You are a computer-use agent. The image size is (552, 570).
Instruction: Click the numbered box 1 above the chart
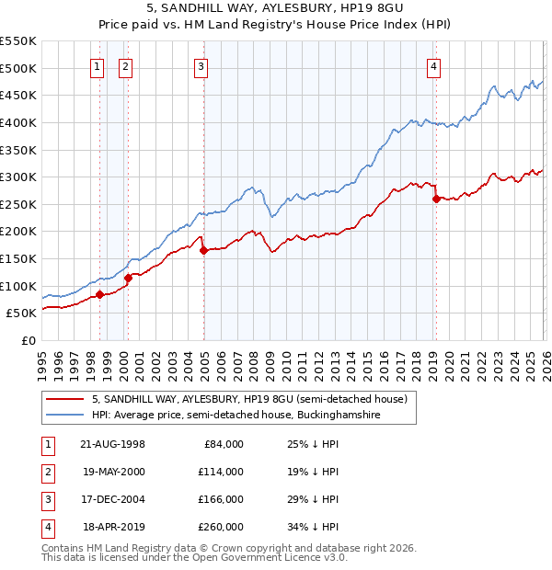click(x=98, y=65)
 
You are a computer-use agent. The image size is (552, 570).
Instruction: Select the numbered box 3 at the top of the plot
click(x=201, y=65)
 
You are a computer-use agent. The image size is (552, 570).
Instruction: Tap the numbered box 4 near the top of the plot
click(x=433, y=65)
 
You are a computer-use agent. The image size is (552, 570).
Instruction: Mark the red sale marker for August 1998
click(x=99, y=294)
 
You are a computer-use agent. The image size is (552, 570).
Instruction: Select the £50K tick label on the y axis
click(x=22, y=313)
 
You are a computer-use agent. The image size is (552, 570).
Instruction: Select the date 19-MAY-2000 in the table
click(x=113, y=472)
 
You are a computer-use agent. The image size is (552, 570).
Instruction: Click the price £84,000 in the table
click(x=225, y=444)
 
